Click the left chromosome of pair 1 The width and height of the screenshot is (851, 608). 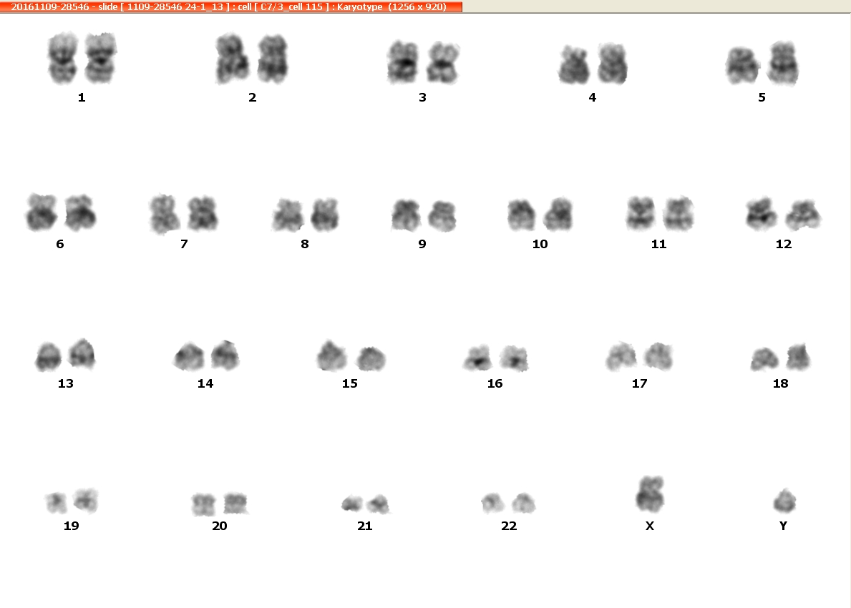[x=63, y=58]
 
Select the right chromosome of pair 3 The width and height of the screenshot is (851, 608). [x=443, y=63]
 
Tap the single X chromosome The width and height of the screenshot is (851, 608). [x=650, y=494]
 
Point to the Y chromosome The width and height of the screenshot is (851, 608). [x=784, y=501]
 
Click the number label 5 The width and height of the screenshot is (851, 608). [x=762, y=97]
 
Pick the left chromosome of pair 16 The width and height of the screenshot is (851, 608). [x=477, y=358]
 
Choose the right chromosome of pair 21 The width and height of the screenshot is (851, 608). [x=379, y=504]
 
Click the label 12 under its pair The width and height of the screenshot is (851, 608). [x=783, y=244]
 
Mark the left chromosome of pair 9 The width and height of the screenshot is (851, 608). [x=406, y=215]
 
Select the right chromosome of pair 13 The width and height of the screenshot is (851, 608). [x=82, y=353]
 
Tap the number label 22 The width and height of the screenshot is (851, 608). [x=509, y=526]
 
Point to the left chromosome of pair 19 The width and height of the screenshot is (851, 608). [x=56, y=503]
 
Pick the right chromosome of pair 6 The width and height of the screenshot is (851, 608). [x=81, y=212]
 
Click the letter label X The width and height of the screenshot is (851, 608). [x=650, y=526]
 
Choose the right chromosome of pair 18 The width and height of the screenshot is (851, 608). [x=798, y=356]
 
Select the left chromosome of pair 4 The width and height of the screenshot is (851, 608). [x=574, y=65]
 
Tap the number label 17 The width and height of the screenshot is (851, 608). [x=639, y=383]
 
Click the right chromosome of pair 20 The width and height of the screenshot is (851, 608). [x=235, y=504]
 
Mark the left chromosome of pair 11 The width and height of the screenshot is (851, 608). [x=641, y=213]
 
